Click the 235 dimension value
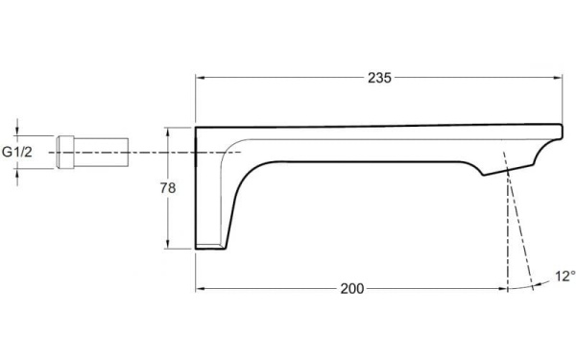379,78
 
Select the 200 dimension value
352,289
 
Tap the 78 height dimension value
168,188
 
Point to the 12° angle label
565,276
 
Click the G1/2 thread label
17,152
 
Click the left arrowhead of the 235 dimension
200,78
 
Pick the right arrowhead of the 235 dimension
558,78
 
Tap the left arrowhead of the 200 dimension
200,289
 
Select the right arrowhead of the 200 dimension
503,289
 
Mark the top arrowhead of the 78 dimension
167,132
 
